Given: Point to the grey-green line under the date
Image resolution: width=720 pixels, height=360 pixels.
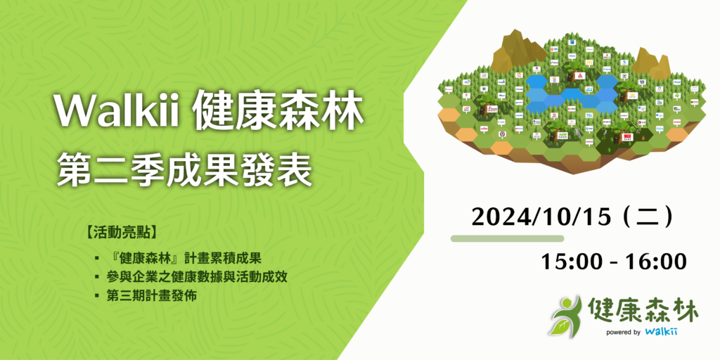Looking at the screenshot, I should pos(507,238).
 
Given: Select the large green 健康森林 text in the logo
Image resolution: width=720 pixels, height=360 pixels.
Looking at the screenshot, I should pos(635,310).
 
